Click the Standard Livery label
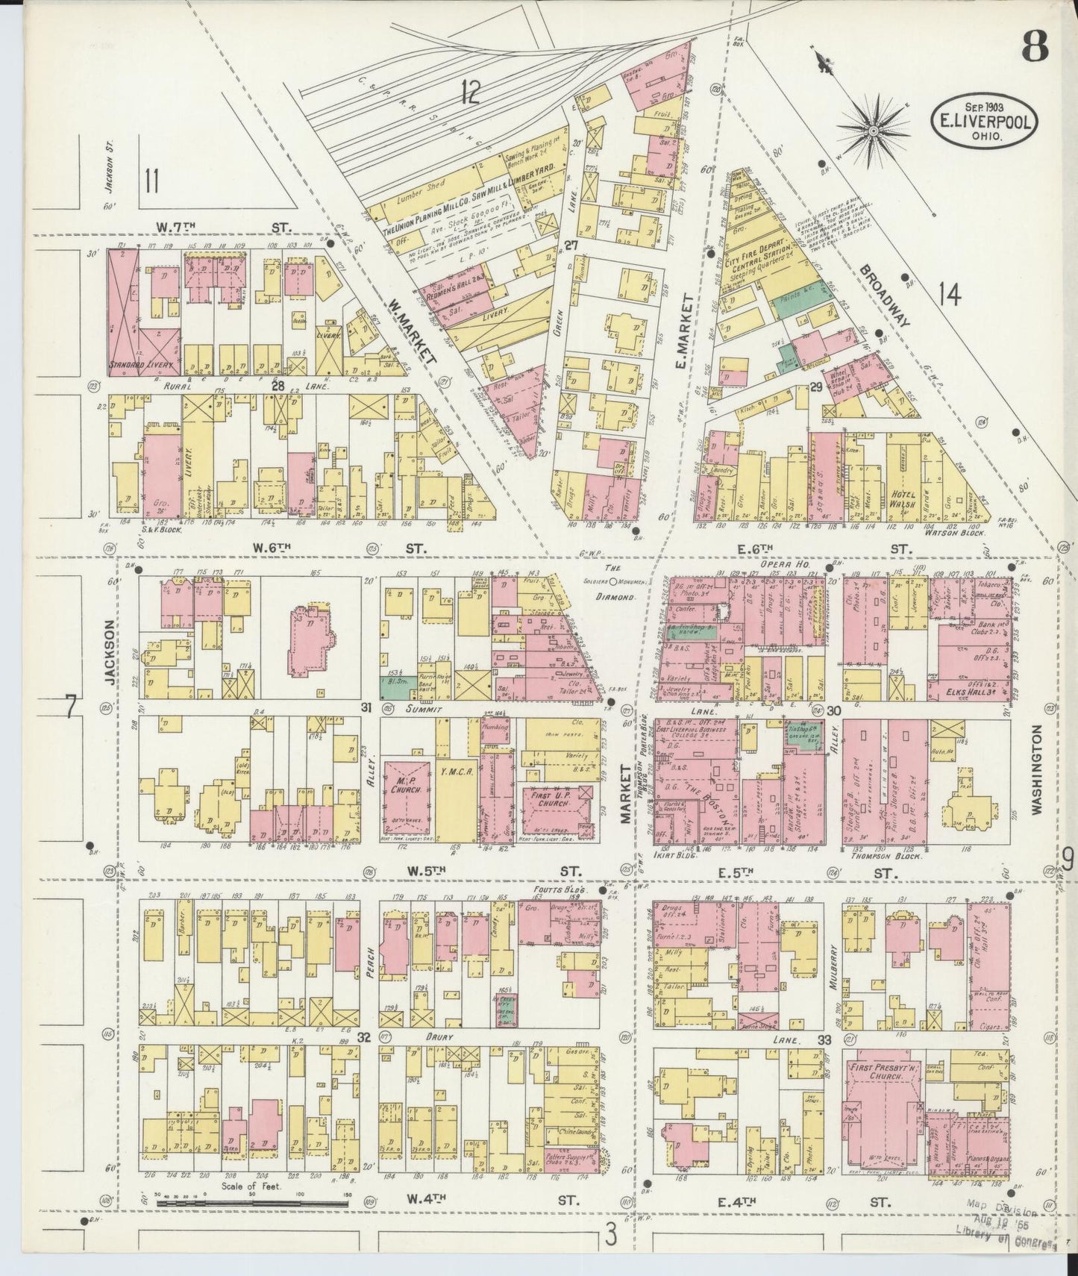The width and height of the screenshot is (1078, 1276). coord(142,366)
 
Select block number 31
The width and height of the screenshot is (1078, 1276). coord(366,707)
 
